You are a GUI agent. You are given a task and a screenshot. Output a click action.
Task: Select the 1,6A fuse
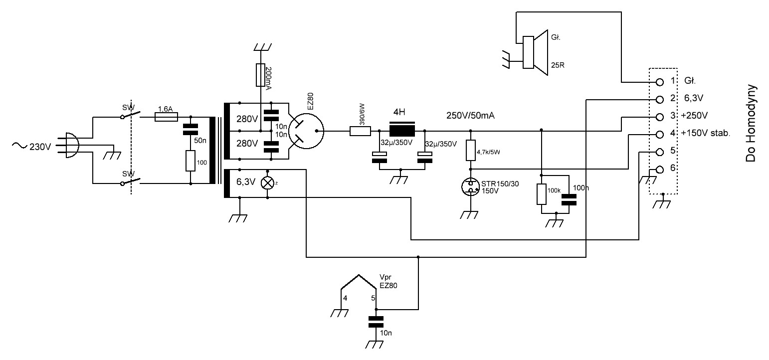tap(167, 117)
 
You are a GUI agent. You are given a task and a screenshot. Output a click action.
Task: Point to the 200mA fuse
tap(260, 74)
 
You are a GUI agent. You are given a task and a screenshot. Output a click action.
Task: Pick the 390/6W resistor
tap(360, 132)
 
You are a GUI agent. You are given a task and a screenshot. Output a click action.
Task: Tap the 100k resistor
tap(542, 194)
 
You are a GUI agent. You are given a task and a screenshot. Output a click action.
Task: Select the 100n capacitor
tap(569, 199)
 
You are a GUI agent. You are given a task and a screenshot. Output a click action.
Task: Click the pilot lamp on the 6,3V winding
tap(268, 183)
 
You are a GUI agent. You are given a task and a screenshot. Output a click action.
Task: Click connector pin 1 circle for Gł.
tap(659, 81)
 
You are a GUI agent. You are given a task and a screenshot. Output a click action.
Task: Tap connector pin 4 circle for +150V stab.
tap(659, 134)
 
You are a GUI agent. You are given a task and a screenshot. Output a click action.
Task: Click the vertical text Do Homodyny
tap(751, 123)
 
